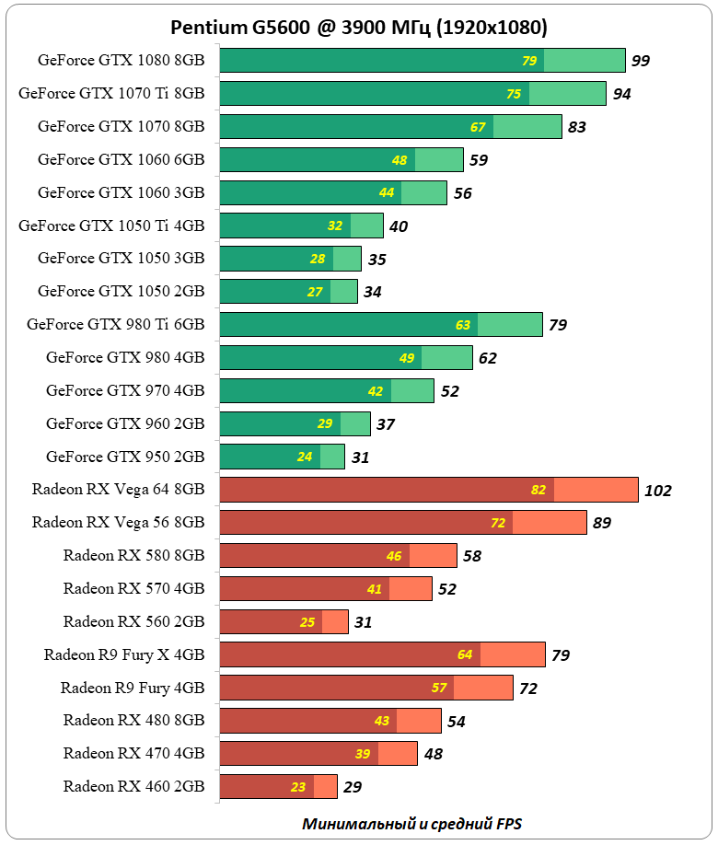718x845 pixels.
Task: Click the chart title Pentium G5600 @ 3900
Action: (358, 27)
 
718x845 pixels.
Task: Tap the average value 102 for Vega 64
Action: (658, 491)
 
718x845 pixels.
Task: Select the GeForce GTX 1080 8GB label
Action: (121, 61)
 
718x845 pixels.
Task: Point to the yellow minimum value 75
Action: (514, 94)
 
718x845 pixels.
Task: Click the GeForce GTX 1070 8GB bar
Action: (390, 126)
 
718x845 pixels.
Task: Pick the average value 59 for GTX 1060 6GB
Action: (479, 160)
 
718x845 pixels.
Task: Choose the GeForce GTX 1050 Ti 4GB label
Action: (111, 226)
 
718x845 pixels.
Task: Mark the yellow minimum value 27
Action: (315, 292)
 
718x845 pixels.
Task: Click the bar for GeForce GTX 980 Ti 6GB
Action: (381, 324)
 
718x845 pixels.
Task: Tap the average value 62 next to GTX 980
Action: (488, 358)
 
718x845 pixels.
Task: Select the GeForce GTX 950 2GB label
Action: (125, 457)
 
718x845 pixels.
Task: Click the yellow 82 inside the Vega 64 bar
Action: (538, 490)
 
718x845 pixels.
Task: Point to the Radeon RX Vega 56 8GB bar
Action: (403, 523)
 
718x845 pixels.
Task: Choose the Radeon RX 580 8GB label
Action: (133, 555)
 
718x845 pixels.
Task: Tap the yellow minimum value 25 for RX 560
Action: (307, 622)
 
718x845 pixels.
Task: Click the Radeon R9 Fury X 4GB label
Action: (124, 654)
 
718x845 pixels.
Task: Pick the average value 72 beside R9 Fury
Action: (528, 689)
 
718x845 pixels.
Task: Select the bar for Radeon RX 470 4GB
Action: (318, 754)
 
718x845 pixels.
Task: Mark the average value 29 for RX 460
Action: (353, 788)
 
